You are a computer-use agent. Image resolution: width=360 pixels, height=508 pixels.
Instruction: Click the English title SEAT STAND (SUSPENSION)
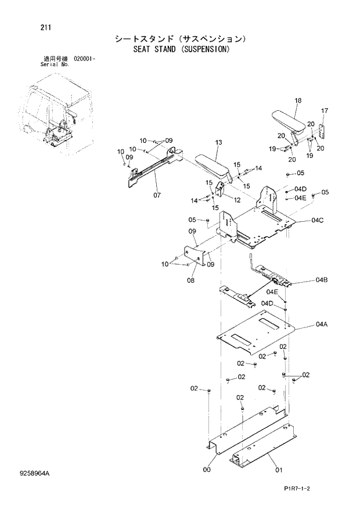point(179,49)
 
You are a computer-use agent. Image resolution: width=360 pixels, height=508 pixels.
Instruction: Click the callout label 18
point(298,101)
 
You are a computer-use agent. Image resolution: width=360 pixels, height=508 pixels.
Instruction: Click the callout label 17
point(325,110)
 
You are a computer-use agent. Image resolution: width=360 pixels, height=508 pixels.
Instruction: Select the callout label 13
point(218,143)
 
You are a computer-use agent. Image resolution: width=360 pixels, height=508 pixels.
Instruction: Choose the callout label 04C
point(317,221)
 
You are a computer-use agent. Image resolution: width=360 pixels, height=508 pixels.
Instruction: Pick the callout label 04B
point(322,280)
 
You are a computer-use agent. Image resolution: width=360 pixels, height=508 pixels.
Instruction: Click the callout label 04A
point(322,325)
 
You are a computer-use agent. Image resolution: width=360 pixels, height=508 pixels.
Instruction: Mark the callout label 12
point(237,200)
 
